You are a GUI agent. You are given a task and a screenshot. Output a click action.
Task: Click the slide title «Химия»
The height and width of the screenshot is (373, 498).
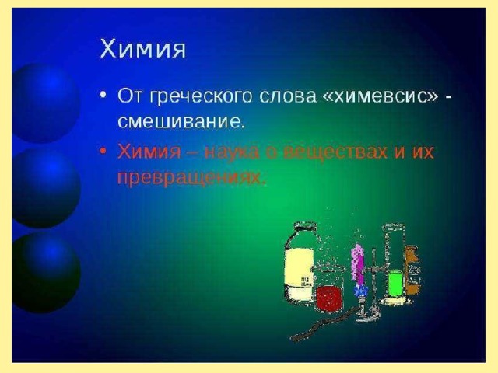(142, 48)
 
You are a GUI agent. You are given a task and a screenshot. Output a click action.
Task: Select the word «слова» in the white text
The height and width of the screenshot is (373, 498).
(288, 96)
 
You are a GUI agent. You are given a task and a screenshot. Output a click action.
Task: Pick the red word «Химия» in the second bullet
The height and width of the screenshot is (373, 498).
(149, 152)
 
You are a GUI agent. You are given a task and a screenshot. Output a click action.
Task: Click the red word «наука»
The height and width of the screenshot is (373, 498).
(233, 152)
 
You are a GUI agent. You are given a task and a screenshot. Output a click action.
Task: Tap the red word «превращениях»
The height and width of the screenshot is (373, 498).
(190, 178)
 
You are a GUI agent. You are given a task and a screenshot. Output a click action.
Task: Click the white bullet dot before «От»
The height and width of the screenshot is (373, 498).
(103, 95)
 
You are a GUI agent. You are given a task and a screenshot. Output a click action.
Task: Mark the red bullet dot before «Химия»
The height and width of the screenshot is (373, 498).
(103, 152)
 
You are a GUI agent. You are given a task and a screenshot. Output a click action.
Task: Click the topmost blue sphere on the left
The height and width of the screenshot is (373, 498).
(45, 103)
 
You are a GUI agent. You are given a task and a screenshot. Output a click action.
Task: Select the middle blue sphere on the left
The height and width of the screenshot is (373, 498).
(45, 188)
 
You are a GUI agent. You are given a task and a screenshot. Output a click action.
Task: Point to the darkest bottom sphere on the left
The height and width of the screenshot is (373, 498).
(45, 273)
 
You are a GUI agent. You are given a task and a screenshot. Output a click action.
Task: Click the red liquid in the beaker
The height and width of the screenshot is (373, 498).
(329, 298)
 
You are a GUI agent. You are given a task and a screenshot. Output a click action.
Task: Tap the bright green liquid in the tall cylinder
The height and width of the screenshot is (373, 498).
(395, 284)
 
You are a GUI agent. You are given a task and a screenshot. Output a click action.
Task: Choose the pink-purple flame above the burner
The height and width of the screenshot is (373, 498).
(358, 262)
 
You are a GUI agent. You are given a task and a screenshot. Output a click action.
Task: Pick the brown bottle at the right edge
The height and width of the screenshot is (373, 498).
(412, 270)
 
